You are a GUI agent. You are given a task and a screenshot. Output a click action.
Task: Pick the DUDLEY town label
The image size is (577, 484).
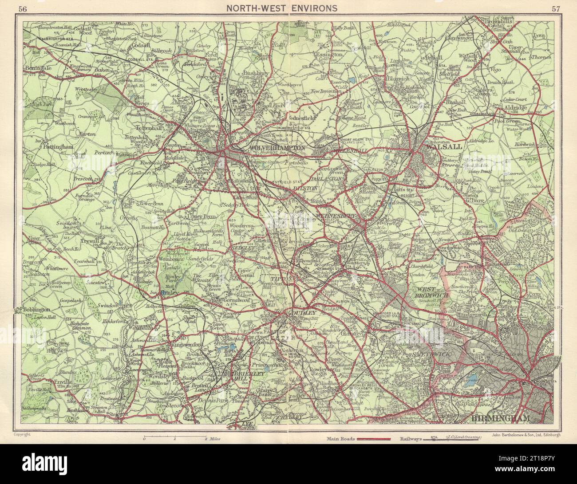[x=304, y=313]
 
